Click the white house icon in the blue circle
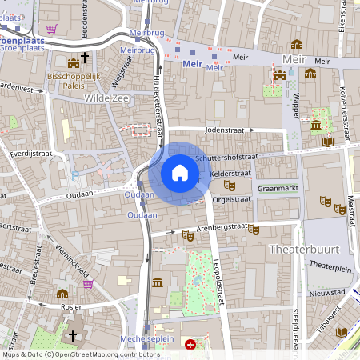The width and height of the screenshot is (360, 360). [x=180, y=173]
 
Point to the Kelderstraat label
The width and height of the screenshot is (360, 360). [x=230, y=173]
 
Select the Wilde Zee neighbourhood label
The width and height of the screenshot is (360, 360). [x=106, y=98]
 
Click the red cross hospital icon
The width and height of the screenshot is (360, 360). [x=190, y=345]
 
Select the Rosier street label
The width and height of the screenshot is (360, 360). [x=71, y=306]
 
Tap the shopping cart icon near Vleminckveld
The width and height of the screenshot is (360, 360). [x=87, y=283]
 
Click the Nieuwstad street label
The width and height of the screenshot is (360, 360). [x=326, y=292]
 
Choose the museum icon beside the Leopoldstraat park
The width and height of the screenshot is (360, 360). [x=158, y=282]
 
